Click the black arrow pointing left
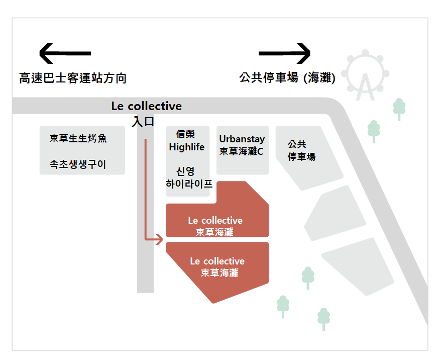point(65,53)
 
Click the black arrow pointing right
point(285,53)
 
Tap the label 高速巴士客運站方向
point(72,78)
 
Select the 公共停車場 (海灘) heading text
point(287,78)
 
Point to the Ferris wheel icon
point(365,74)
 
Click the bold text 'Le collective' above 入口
point(146,107)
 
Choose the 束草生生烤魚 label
point(78,138)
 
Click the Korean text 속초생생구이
point(78,164)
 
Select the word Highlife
point(187,147)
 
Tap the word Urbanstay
point(242,139)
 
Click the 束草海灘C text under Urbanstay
point(241,151)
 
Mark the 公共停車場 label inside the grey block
point(301,150)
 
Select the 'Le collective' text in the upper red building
point(215,221)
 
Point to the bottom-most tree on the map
point(323,319)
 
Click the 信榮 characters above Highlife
point(185,134)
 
